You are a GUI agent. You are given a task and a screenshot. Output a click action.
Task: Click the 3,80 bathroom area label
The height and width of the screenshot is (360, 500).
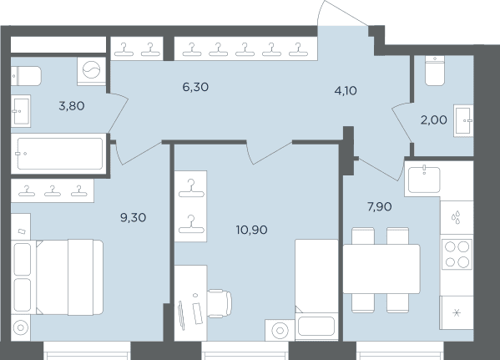tap(72, 105)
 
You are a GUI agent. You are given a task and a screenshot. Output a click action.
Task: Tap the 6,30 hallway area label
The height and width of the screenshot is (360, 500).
tap(195, 87)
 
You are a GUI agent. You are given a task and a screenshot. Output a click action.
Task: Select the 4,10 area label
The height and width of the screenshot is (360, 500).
tap(346, 91)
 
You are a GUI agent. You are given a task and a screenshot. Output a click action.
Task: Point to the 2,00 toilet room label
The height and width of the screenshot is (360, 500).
tap(434, 120)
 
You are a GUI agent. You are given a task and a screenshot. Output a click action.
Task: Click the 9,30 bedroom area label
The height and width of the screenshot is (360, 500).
tap(134, 218)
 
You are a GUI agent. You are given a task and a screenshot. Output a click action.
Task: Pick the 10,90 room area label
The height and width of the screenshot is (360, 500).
tap(251, 230)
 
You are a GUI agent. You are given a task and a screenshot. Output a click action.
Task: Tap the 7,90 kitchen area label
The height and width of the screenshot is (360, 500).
tap(380, 207)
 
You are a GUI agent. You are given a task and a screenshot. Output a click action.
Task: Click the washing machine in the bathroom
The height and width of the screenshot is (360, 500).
tap(92, 71)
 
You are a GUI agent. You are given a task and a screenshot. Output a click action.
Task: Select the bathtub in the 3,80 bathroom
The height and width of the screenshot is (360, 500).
tap(60, 154)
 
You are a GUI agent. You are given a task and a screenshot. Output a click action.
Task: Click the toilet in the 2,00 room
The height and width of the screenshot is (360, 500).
tap(435, 70)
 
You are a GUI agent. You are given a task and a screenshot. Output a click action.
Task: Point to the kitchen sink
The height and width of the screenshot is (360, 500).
tap(424, 180)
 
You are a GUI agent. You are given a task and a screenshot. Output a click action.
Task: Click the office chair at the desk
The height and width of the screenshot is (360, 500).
tap(220, 303)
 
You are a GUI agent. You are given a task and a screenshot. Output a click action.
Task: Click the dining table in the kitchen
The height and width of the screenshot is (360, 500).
tap(381, 269)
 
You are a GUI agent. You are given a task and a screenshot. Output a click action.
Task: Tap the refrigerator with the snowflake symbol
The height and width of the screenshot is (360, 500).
tap(457, 312)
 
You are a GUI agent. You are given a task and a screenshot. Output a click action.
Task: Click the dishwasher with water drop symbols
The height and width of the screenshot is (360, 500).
tap(457, 217)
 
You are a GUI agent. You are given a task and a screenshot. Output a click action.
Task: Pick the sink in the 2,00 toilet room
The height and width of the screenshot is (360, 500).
tap(463, 120)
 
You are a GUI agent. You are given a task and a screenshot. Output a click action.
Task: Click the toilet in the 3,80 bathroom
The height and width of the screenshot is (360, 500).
tap(26, 76)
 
